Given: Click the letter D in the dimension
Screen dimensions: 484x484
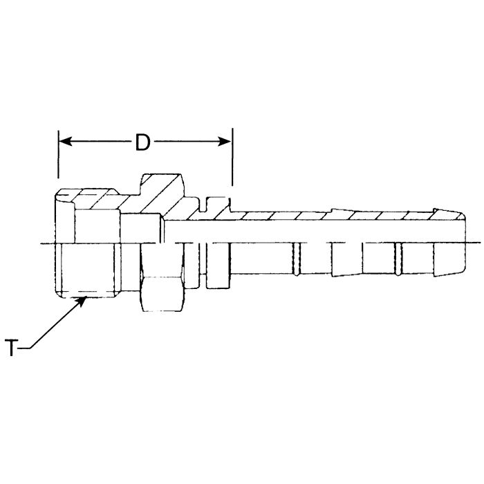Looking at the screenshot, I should click(x=142, y=142).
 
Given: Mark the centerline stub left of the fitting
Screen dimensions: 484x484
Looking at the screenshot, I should click(x=47, y=243).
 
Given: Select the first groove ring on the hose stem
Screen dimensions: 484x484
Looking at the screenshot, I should click(x=297, y=259).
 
